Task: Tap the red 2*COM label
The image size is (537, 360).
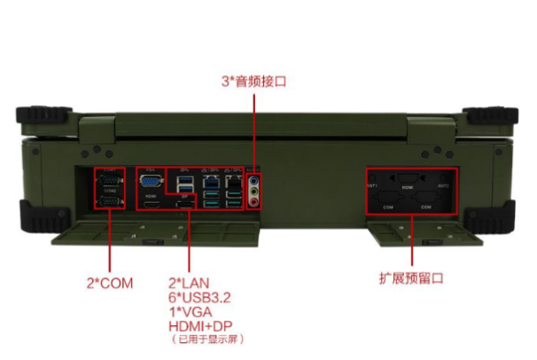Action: coord(108,282)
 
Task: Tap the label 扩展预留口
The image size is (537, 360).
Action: coord(409,278)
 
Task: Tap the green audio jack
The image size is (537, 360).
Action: coord(256,189)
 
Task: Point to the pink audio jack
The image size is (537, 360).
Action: coord(256,200)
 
